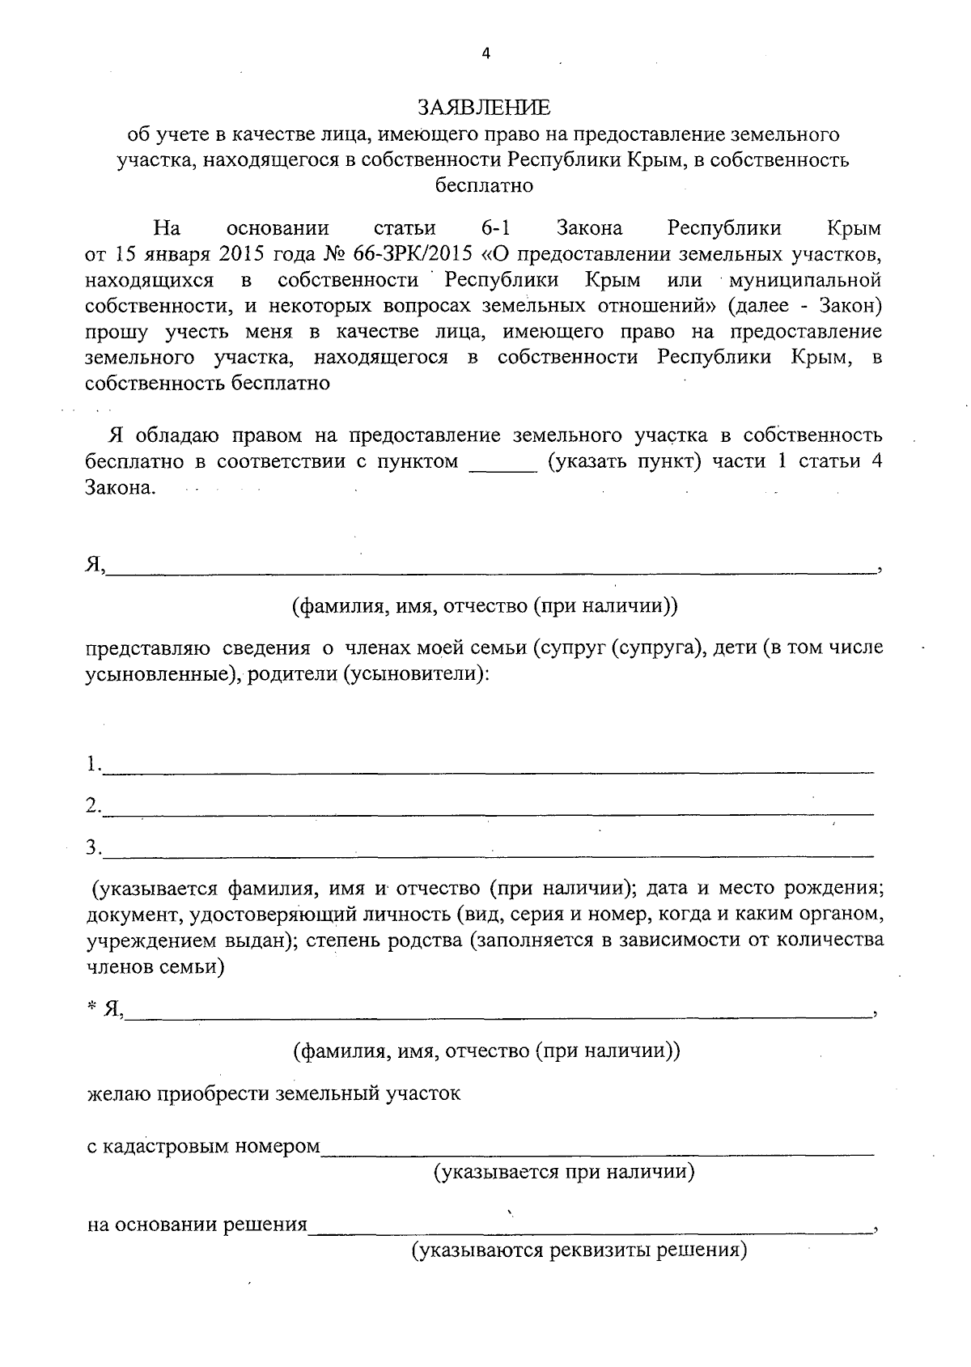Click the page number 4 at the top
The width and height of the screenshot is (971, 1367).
click(x=485, y=54)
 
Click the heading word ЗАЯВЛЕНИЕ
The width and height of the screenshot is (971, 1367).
click(x=484, y=108)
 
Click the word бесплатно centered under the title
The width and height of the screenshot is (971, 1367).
click(x=484, y=185)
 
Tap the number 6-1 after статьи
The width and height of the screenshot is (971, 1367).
click(x=494, y=228)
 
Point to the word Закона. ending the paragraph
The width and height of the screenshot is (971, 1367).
click(x=120, y=489)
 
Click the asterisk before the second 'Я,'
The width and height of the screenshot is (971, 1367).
click(x=92, y=1007)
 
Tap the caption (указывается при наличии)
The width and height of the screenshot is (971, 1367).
click(x=564, y=1172)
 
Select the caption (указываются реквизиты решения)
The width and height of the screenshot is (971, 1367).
click(x=579, y=1251)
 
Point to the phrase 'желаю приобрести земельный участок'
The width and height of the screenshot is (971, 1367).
click(x=273, y=1094)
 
